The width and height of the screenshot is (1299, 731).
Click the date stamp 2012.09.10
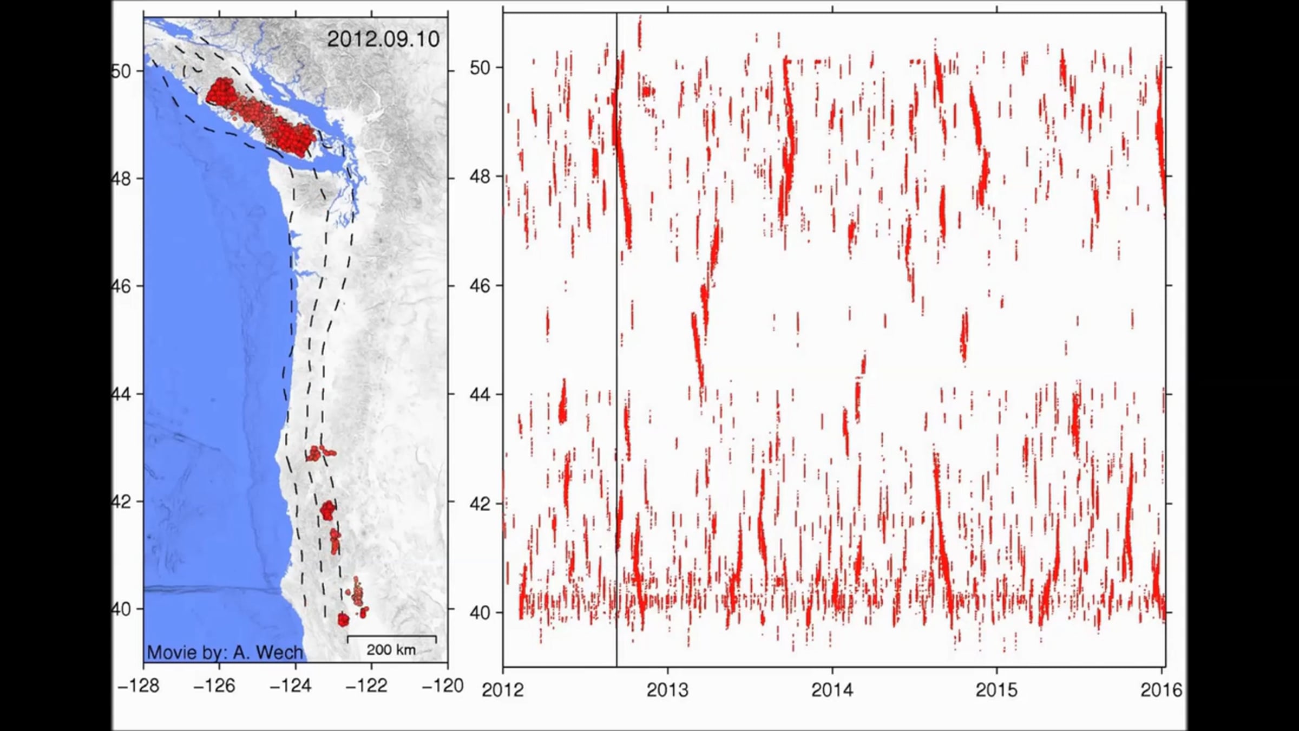click(x=383, y=40)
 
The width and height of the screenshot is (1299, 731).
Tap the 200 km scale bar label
click(x=391, y=650)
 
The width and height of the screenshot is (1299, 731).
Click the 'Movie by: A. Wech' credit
click(x=225, y=652)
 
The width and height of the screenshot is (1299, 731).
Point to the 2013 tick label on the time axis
click(x=667, y=690)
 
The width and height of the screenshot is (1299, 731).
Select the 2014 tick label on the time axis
click(x=832, y=690)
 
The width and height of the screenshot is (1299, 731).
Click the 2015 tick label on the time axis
click(x=997, y=690)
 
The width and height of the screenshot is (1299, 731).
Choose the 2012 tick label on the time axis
click(x=503, y=690)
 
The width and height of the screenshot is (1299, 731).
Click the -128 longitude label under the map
click(x=139, y=686)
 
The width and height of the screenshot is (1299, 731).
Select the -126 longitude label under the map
click(x=214, y=686)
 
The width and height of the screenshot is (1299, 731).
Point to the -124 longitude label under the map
click(x=291, y=686)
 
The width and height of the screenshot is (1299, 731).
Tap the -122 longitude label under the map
click(x=366, y=686)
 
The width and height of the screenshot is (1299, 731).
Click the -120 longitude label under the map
click(x=443, y=686)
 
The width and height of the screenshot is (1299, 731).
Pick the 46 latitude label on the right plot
click(x=480, y=286)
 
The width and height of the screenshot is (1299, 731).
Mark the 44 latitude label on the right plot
click(x=480, y=395)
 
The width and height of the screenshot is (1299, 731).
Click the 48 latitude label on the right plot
click(x=480, y=177)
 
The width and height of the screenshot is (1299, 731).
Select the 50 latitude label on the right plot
click(x=480, y=68)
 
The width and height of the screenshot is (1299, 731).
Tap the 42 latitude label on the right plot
click(x=480, y=504)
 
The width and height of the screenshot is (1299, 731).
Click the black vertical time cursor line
click(x=616, y=325)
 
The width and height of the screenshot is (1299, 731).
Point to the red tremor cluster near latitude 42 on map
click(x=327, y=510)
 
